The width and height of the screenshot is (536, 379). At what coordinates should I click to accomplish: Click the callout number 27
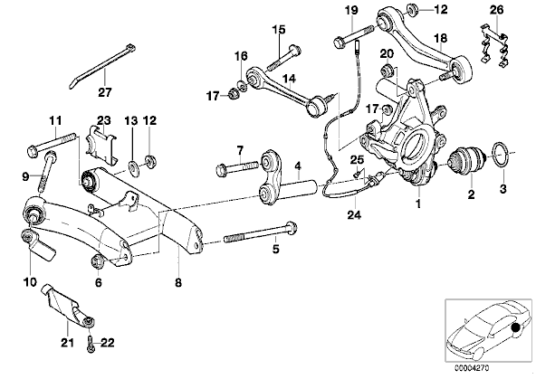(105, 92)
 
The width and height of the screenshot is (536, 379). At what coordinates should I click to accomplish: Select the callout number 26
(496, 10)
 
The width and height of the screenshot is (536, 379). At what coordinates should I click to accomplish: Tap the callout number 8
(178, 282)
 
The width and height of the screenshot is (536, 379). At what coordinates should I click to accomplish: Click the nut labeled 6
(97, 261)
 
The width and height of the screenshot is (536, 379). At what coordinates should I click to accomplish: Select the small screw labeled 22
(91, 345)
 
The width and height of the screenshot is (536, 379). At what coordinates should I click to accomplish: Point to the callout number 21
(67, 342)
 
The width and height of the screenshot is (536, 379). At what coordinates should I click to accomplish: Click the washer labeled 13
(132, 167)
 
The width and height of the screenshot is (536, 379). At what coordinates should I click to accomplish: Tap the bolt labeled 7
(237, 167)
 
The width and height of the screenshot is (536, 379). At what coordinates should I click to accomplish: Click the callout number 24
(354, 214)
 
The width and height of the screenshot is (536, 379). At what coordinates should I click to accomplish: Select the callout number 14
(289, 80)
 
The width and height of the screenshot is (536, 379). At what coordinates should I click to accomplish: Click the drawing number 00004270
(472, 368)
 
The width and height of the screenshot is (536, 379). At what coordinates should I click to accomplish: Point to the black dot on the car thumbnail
(515, 328)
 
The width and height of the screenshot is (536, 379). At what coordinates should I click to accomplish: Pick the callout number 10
(29, 282)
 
